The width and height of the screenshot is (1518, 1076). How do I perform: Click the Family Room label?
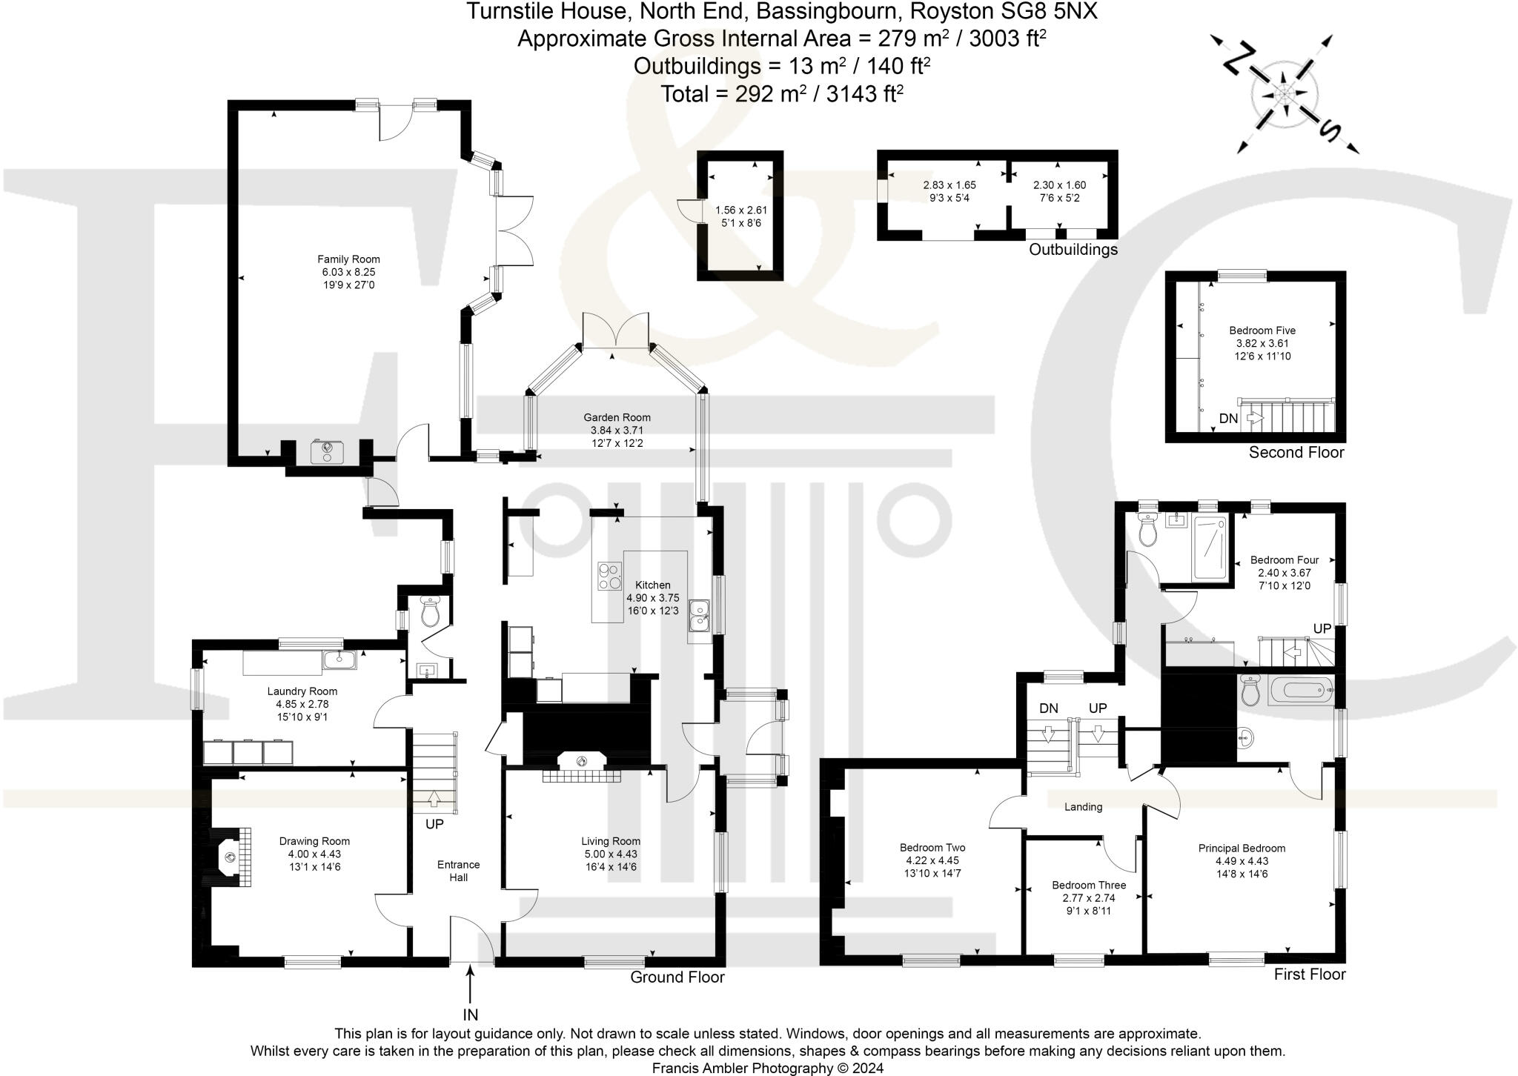pos(348,259)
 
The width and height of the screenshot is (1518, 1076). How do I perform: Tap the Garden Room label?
pos(617,418)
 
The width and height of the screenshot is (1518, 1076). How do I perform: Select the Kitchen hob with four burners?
pos(610,577)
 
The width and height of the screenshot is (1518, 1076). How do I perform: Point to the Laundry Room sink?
pos(339,658)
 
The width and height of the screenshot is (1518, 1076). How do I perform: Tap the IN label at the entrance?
pos(471,1014)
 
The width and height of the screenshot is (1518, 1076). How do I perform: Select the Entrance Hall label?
pos(458,871)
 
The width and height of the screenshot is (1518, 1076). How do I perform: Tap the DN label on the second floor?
pos(1228,419)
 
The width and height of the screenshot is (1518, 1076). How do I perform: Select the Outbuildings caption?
pos(1073,250)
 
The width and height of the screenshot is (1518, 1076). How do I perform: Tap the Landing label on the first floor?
pos(1083,807)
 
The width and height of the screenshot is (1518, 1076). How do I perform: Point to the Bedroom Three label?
pos(1089,885)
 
